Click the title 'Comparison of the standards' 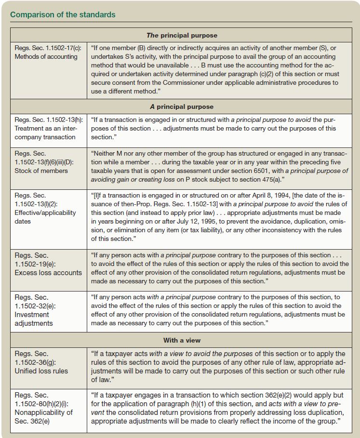63,14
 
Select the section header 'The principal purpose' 182,35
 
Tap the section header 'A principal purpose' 182,106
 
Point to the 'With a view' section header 182,340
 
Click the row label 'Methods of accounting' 46,56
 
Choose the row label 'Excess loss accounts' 49,272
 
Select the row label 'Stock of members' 41,171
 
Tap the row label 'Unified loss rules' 41,371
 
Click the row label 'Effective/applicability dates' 44,217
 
